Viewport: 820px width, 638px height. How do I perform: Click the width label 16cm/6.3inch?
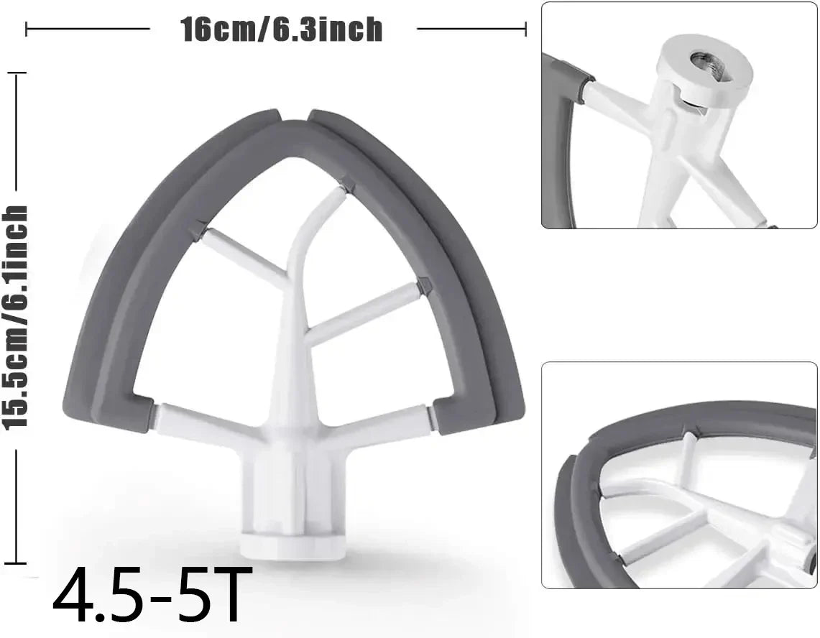pyautogui.click(x=282, y=29)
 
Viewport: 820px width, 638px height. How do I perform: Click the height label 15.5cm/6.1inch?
pyautogui.click(x=16, y=316)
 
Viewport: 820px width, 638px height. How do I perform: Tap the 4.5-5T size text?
pyautogui.click(x=148, y=596)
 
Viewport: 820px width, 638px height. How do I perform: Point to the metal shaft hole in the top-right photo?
pyautogui.click(x=702, y=61)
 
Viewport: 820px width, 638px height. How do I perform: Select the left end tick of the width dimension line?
pyautogui.click(x=27, y=29)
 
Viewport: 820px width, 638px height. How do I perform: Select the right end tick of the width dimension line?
pyautogui.click(x=526, y=29)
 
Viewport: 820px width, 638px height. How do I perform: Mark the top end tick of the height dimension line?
pyautogui.click(x=16, y=73)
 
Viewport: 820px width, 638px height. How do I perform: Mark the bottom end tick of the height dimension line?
pyautogui.click(x=16, y=563)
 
